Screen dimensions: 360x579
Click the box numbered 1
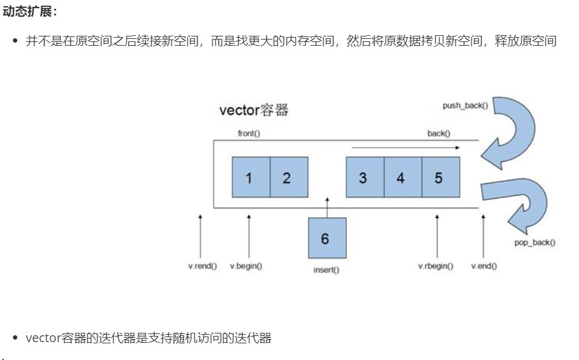click(x=251, y=177)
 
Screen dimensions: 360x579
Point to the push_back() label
click(x=465, y=106)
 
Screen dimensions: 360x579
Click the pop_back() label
click(x=535, y=243)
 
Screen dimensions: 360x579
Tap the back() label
click(x=439, y=133)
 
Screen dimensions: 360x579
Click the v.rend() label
click(x=202, y=266)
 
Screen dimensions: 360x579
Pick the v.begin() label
click(x=246, y=266)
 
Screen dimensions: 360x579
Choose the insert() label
click(x=327, y=270)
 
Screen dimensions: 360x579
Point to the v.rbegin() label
click(x=436, y=266)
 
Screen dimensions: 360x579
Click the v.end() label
click(x=484, y=266)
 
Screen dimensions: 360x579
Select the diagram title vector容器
click(x=254, y=111)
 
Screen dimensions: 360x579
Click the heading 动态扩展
click(x=30, y=10)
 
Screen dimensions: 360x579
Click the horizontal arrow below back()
click(x=406, y=148)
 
